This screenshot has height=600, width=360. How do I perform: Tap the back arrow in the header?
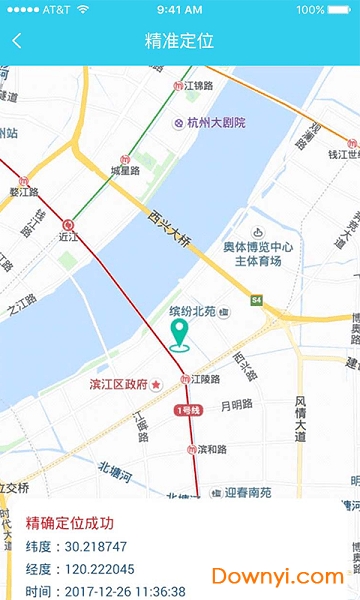point(17,41)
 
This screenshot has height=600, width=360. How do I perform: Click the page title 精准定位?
point(180,41)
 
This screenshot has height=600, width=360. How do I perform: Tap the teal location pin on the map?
point(181,336)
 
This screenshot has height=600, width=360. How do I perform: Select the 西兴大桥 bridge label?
point(169,229)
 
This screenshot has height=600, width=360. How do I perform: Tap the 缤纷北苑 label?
point(192,312)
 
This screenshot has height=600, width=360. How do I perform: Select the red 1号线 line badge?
point(189,410)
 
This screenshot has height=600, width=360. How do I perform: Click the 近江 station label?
point(67,239)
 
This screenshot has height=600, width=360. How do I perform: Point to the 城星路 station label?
point(127,171)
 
